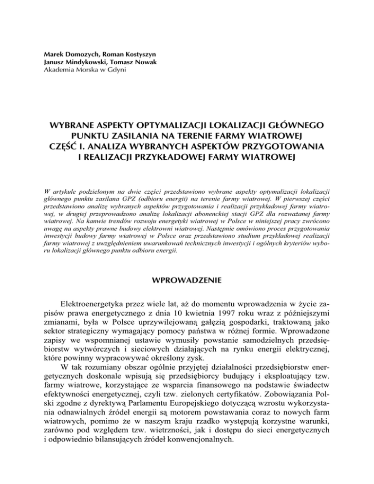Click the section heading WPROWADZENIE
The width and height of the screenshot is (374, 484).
pos(187,281)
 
